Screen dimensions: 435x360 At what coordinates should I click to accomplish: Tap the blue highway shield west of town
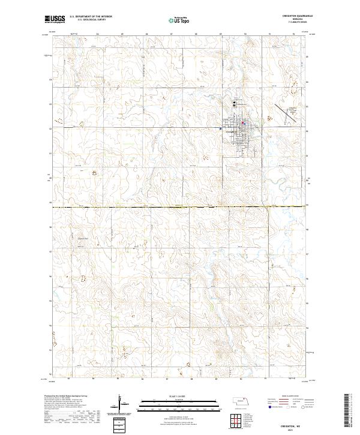[221, 128]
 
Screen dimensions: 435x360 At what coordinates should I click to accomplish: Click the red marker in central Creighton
[242, 124]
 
